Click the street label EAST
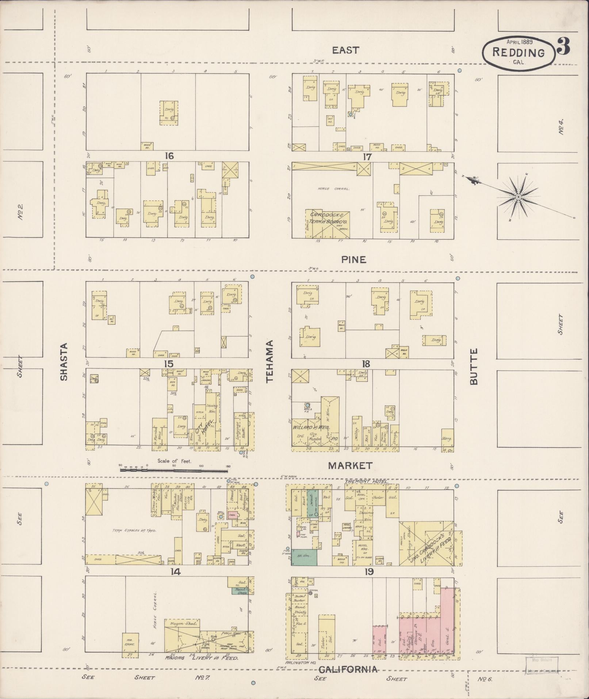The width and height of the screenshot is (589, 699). [x=345, y=50]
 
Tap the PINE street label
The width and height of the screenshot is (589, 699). [x=353, y=260]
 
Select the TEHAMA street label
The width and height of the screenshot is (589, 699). [x=270, y=362]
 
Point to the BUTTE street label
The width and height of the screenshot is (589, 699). [x=474, y=366]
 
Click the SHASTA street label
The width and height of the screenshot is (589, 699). [x=64, y=362]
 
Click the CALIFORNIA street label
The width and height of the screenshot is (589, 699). [x=348, y=669]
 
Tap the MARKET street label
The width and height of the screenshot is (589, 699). [x=350, y=466]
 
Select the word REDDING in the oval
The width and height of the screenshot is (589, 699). [x=518, y=53]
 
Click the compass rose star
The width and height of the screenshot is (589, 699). [x=517, y=197]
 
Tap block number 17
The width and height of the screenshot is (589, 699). [x=367, y=157]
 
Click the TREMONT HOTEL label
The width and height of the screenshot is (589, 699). [x=366, y=482]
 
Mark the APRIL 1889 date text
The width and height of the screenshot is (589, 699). [x=519, y=42]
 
